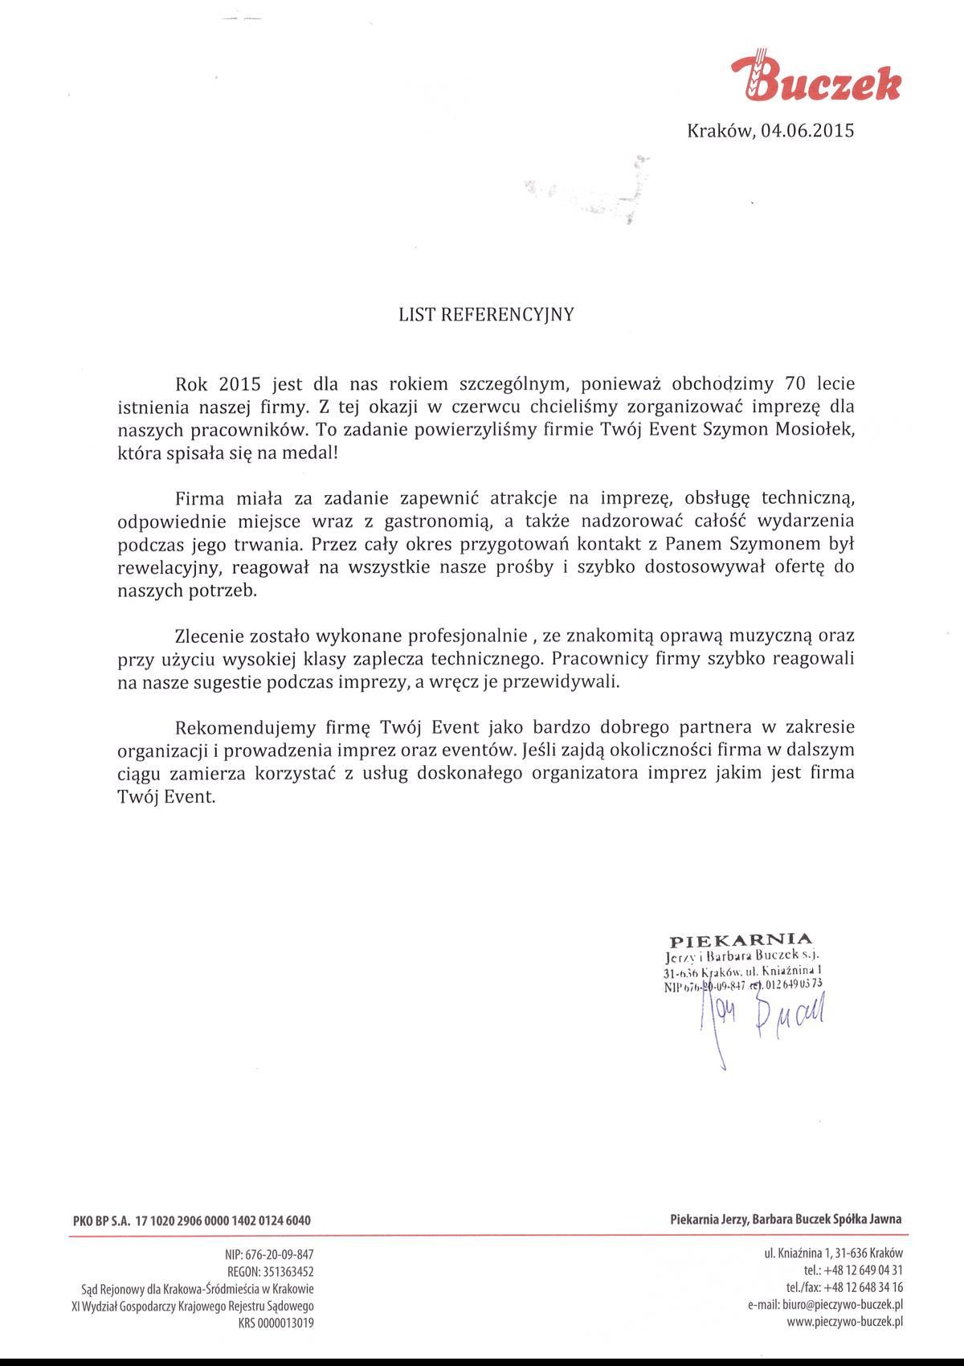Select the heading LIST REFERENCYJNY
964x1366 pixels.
[487, 315]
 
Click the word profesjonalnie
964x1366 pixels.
[455, 636]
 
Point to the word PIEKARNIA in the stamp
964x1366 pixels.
[741, 939]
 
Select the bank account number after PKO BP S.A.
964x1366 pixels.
[223, 1221]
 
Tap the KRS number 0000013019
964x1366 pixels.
[287, 1323]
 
